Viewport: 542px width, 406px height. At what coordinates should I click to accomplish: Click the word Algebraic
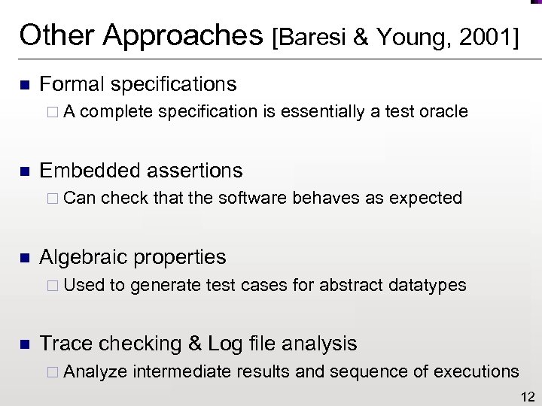pos(84,257)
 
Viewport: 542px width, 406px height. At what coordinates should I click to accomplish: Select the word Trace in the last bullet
pos(65,344)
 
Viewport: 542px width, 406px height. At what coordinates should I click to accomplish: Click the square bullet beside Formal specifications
pos(23,85)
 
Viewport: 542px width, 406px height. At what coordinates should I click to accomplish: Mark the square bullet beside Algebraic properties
pos(23,258)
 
